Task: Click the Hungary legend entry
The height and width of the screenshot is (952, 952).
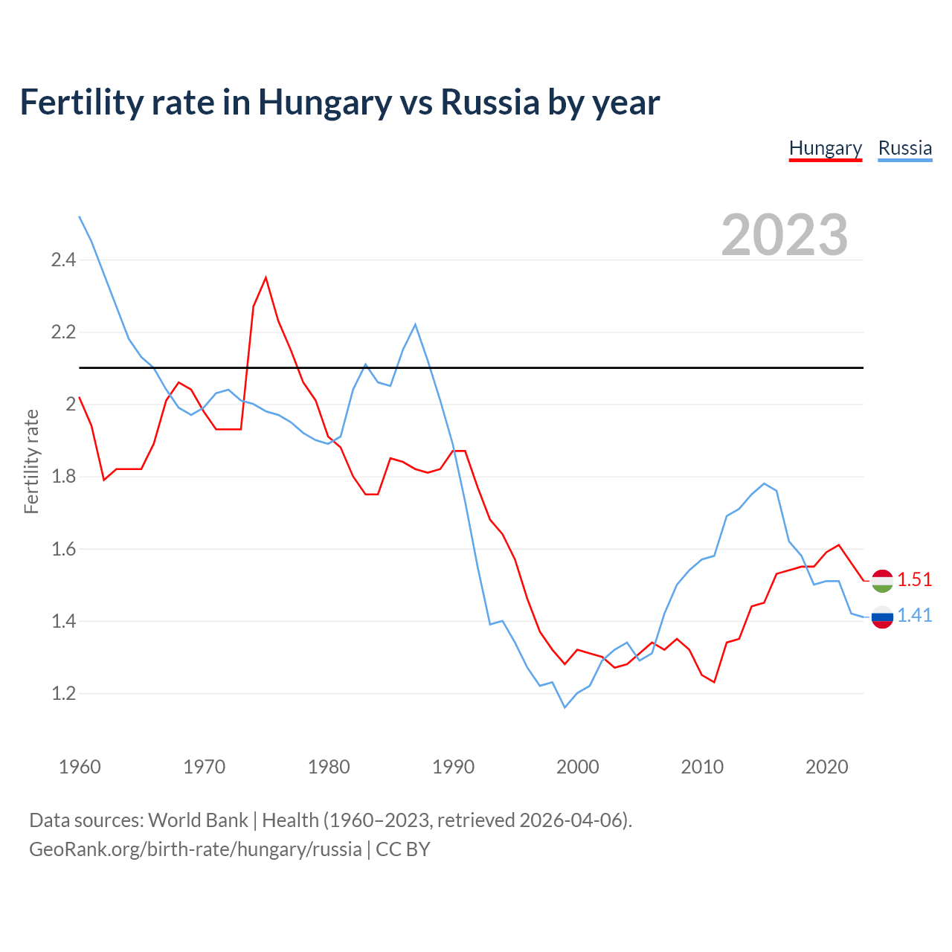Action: [825, 148]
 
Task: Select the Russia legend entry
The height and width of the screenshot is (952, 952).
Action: [904, 148]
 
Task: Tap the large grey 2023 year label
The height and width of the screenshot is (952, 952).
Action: [785, 235]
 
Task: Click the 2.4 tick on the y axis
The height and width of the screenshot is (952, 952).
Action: [63, 260]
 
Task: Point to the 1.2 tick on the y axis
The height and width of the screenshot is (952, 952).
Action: [63, 694]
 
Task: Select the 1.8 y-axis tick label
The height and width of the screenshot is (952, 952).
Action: [63, 477]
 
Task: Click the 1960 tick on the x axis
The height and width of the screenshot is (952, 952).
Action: [80, 767]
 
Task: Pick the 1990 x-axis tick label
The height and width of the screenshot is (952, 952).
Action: [453, 767]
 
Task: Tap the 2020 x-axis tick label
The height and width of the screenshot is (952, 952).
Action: [826, 767]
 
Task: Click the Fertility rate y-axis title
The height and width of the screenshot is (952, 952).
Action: [31, 461]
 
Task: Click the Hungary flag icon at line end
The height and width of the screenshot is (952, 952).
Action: [882, 580]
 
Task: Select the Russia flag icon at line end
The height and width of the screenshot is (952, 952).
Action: [882, 617]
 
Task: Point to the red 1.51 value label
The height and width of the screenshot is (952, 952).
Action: [914, 579]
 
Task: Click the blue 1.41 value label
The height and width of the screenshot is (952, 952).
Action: [914, 615]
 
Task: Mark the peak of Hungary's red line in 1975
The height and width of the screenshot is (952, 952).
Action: [266, 277]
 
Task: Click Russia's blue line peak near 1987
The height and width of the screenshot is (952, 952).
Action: [415, 324]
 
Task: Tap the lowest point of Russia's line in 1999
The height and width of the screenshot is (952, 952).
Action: [565, 707]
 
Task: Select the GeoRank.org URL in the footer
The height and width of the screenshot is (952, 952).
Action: [195, 849]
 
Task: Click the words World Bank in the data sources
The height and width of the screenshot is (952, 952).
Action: [198, 820]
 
